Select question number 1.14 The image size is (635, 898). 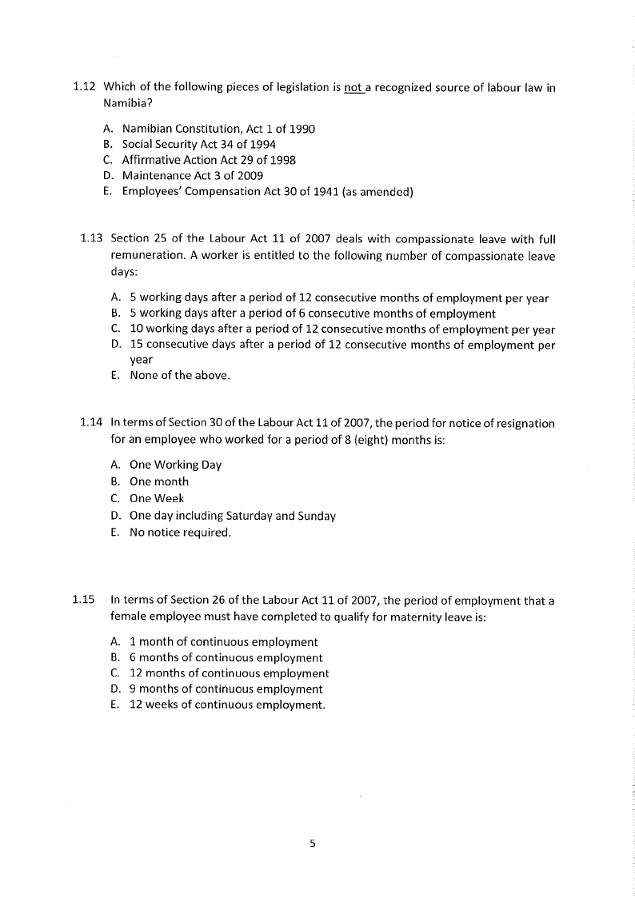click(92, 423)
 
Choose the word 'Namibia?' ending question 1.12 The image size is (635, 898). click(126, 103)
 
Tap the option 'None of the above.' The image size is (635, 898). click(180, 375)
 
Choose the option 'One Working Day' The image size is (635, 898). click(175, 465)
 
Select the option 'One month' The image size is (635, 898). click(159, 481)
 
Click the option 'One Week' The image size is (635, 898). click(157, 498)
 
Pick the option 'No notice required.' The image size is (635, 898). click(180, 532)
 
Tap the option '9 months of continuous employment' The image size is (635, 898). click(226, 688)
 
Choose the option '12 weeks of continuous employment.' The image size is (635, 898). click(227, 704)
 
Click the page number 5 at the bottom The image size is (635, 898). click(313, 842)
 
